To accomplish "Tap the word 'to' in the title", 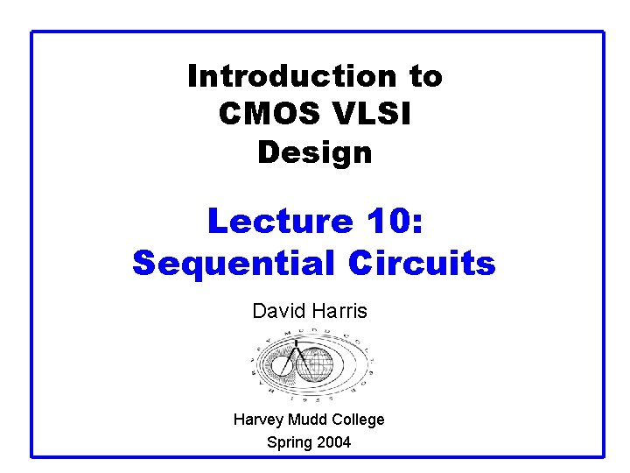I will click(x=425, y=77).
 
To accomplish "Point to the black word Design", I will click(x=315, y=153).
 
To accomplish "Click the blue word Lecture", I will click(x=278, y=221).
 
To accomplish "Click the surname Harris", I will click(x=342, y=311).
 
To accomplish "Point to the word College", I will click(x=357, y=420).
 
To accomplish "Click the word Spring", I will click(x=290, y=442).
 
